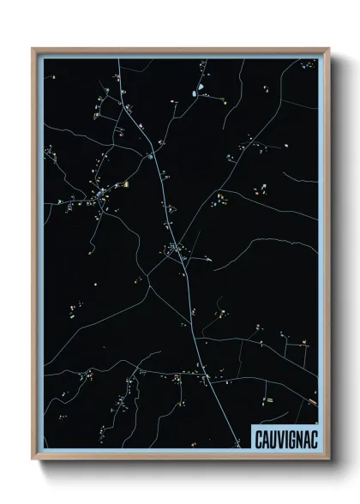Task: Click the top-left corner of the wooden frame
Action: tap(33, 49)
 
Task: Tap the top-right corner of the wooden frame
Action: tap(327, 49)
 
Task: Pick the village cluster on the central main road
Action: tap(176, 250)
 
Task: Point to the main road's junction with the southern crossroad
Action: tap(206, 376)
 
